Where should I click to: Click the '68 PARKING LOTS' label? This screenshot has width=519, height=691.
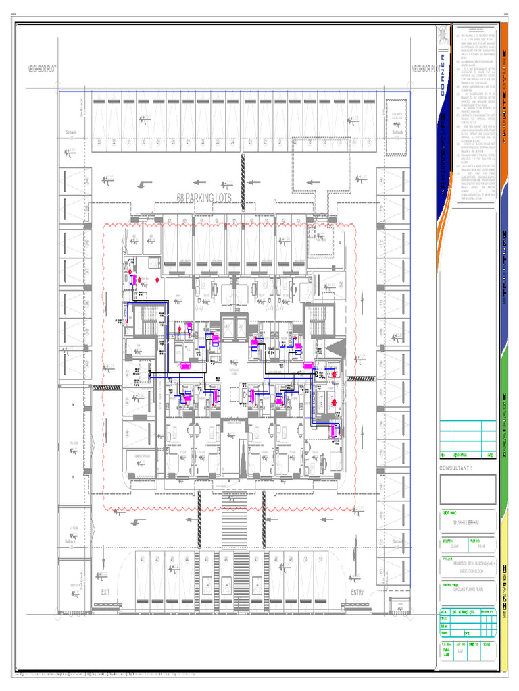(x=203, y=198)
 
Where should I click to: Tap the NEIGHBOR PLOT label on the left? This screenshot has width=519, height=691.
(x=46, y=69)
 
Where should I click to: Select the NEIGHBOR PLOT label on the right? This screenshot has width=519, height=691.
(x=423, y=69)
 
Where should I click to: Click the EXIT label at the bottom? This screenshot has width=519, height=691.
(x=105, y=592)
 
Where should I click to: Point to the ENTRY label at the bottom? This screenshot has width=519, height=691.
(x=357, y=592)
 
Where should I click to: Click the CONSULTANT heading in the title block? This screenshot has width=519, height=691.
(x=459, y=467)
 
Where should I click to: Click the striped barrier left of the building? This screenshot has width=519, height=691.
(x=106, y=387)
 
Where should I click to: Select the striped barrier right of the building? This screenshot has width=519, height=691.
(x=361, y=379)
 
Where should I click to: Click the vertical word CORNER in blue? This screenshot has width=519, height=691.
(x=443, y=76)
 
